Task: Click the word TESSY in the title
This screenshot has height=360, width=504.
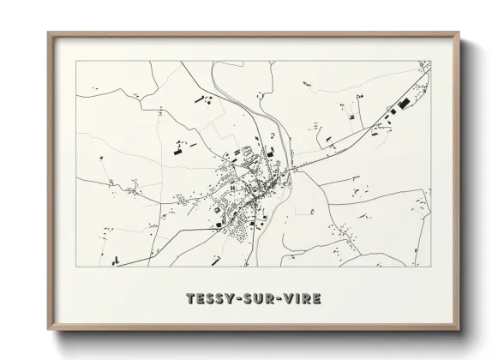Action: (210, 298)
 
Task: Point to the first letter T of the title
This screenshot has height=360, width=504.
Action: (190, 298)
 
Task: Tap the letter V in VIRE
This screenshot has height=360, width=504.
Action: (289, 298)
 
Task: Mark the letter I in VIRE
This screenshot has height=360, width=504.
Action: (299, 298)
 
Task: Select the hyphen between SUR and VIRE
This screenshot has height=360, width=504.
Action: (279, 298)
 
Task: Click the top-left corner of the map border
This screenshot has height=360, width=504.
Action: (75, 61)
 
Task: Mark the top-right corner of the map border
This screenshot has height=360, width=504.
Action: (431, 61)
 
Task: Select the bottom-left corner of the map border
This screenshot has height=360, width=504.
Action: (75, 267)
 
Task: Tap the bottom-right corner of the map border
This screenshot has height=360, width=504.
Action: (431, 267)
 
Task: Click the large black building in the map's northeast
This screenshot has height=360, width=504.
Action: (404, 104)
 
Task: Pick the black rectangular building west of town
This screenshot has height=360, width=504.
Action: (180, 153)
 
